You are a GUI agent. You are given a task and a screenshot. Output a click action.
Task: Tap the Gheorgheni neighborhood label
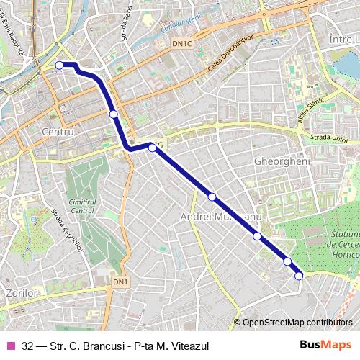pyautogui.click(x=282, y=162)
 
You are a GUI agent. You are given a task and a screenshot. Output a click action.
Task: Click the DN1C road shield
pyautogui.click(x=183, y=44)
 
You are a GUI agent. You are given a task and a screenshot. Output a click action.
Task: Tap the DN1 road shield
pyautogui.click(x=121, y=281)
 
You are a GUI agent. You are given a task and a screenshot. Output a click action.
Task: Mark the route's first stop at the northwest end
pyautogui.click(x=59, y=66)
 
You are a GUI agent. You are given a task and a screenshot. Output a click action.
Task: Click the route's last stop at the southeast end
pyautogui.click(x=299, y=275)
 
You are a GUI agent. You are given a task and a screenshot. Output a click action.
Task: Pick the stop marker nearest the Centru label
pyautogui.click(x=113, y=114)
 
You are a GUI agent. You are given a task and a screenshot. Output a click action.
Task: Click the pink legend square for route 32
pyautogui.click(x=10, y=345)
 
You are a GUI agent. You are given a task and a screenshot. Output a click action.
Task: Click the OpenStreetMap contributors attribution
pyautogui.click(x=297, y=322)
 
